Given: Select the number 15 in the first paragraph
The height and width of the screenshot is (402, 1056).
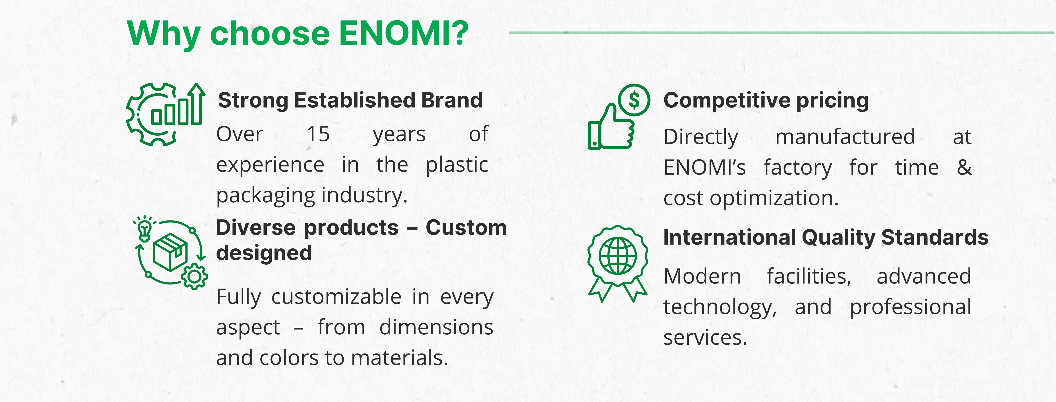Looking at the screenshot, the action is [x=319, y=134].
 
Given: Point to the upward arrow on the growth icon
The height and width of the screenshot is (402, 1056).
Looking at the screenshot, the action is [x=198, y=102].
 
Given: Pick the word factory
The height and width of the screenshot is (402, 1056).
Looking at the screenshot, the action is [x=798, y=168].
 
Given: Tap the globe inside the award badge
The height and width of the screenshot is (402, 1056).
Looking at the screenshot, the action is [x=618, y=256].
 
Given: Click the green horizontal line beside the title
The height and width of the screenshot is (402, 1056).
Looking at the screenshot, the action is [x=781, y=32].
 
